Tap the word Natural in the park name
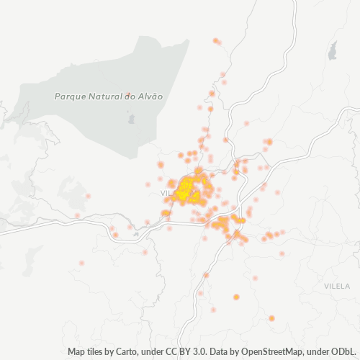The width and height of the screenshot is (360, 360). [x=107, y=96]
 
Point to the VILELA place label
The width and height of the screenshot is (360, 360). [x=337, y=286]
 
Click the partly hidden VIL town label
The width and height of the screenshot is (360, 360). [x=166, y=193]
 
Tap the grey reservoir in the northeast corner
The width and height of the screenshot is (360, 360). [x=332, y=50]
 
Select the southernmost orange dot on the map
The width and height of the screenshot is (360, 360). [x=271, y=318]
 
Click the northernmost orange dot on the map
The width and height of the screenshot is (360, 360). [x=216, y=40]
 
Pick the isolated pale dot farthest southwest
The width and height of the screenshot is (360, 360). [x=81, y=263]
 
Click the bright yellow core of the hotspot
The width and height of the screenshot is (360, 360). [x=187, y=189]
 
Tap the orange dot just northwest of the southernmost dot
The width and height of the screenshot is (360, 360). [x=236, y=297]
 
